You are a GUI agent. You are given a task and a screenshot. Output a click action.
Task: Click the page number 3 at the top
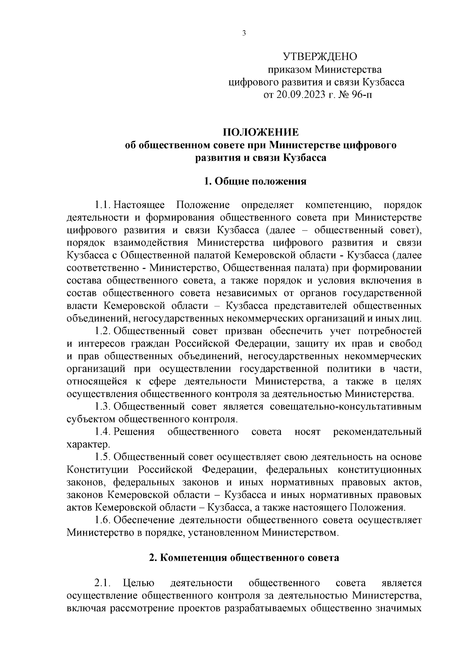click(244, 33)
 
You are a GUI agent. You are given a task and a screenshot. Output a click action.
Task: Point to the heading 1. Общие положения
click(255, 181)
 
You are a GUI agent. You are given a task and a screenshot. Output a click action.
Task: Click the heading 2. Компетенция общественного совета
click(244, 558)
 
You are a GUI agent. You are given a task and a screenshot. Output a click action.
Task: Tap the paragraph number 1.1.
click(103, 205)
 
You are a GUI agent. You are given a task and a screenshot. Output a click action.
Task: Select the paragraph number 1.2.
click(103, 331)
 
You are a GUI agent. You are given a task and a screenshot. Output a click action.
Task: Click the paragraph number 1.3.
click(103, 407)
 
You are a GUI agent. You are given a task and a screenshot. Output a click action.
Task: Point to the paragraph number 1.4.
click(103, 432)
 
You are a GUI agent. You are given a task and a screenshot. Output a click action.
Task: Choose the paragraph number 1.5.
click(103, 457)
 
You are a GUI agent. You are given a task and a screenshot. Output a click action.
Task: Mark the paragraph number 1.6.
click(103, 520)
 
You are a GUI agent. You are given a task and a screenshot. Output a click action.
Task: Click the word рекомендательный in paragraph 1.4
click(377, 432)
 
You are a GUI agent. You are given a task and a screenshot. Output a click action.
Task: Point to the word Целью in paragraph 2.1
click(139, 583)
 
